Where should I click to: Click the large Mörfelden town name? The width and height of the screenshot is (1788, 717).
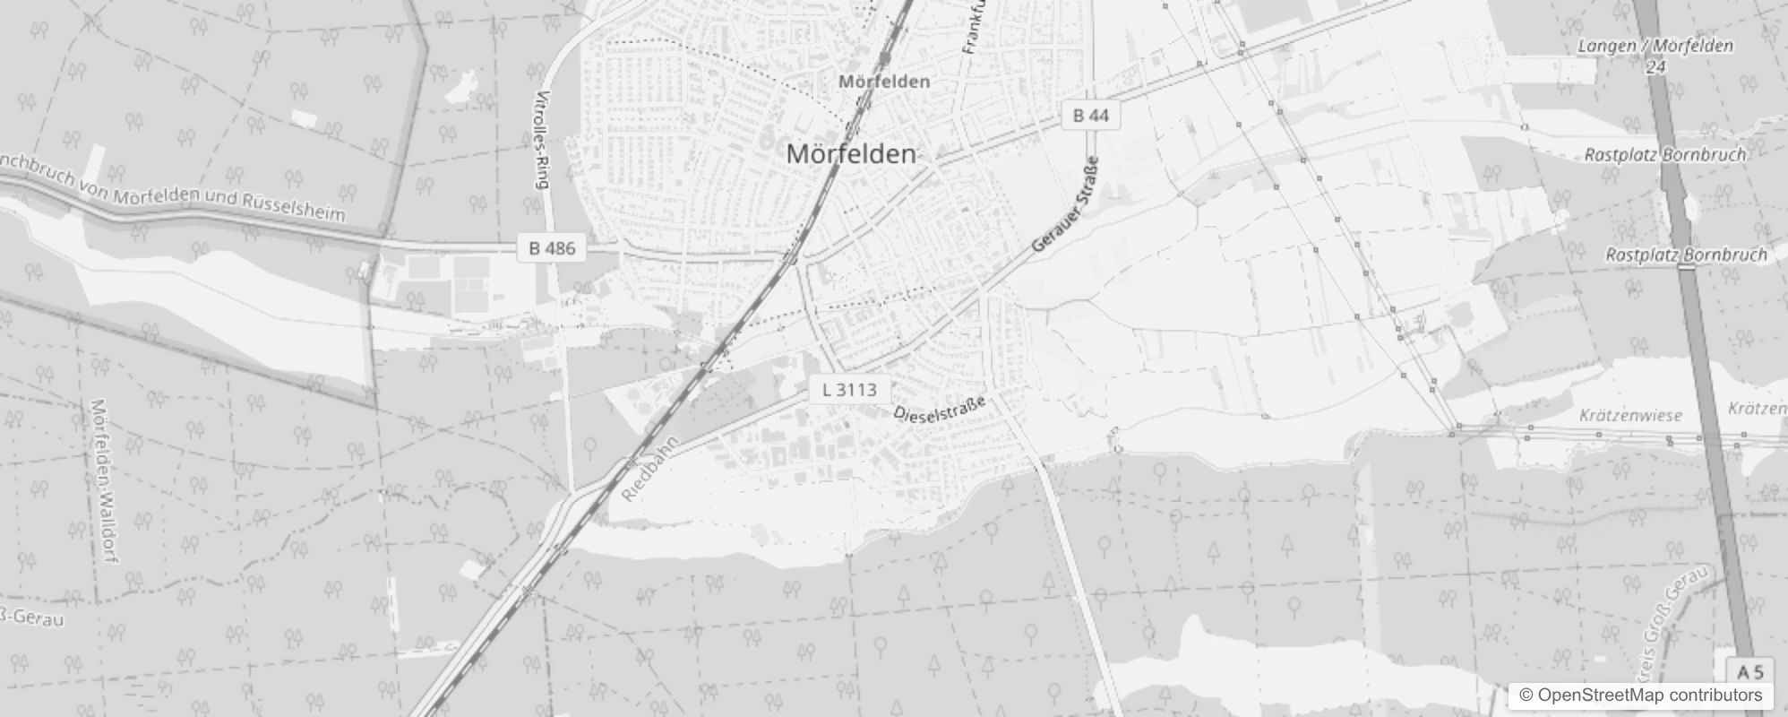[851, 154]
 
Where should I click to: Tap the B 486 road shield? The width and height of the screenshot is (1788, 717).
[552, 248]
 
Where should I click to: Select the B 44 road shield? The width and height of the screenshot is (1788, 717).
[1090, 115]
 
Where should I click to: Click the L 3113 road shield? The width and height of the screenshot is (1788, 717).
[848, 390]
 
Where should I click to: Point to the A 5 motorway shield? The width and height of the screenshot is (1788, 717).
[1749, 672]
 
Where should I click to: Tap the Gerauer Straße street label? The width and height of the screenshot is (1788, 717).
[1066, 204]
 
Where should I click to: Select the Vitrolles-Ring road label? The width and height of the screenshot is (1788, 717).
[540, 139]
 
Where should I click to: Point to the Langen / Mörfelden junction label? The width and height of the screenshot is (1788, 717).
[1655, 46]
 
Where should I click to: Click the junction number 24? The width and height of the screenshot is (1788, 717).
[1656, 66]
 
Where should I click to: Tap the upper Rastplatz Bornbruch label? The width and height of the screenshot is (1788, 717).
[1664, 155]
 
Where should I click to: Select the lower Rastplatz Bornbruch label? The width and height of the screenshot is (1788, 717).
[1685, 255]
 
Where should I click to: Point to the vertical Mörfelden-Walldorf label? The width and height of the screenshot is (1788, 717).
[104, 481]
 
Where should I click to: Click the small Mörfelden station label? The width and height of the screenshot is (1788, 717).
[884, 82]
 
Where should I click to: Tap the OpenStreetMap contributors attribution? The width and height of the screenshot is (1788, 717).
[1640, 695]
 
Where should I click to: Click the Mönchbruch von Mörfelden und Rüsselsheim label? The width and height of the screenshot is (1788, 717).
[170, 187]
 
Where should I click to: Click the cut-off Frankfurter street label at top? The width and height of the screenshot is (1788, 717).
[974, 27]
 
